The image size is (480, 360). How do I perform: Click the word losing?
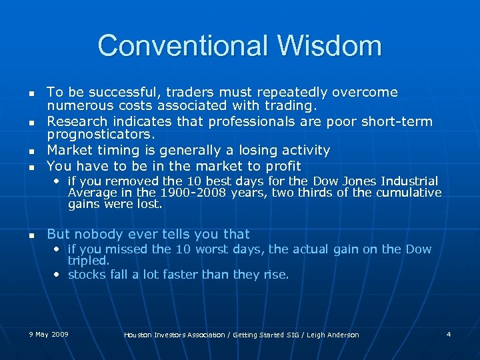[x=245, y=151]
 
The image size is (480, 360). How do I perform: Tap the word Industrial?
[x=404, y=181]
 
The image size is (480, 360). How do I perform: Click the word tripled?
[x=88, y=261]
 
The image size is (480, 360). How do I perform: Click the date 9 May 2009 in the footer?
[x=49, y=333]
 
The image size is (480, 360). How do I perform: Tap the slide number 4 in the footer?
[x=449, y=333]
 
